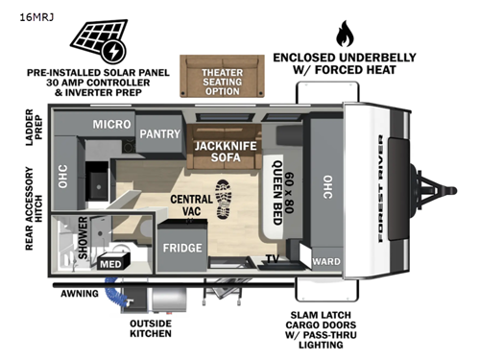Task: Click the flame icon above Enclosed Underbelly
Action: point(344,35)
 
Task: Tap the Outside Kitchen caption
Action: point(151,328)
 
